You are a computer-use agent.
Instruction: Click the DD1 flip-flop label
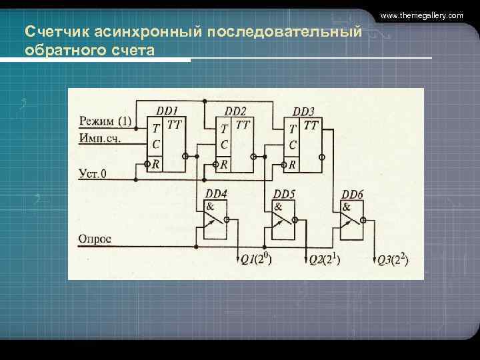pos(167,110)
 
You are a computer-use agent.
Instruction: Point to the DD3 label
pos(303,111)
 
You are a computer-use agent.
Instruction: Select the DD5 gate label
pos(284,194)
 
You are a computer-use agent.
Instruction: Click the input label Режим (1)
pos(105,121)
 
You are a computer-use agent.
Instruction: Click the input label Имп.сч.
pos(101,138)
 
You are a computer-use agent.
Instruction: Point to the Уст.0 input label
pos(93,175)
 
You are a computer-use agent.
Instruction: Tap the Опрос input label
pos(95,238)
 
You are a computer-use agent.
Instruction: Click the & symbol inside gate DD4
pos(210,207)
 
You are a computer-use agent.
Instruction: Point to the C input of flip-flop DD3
pos(292,145)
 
